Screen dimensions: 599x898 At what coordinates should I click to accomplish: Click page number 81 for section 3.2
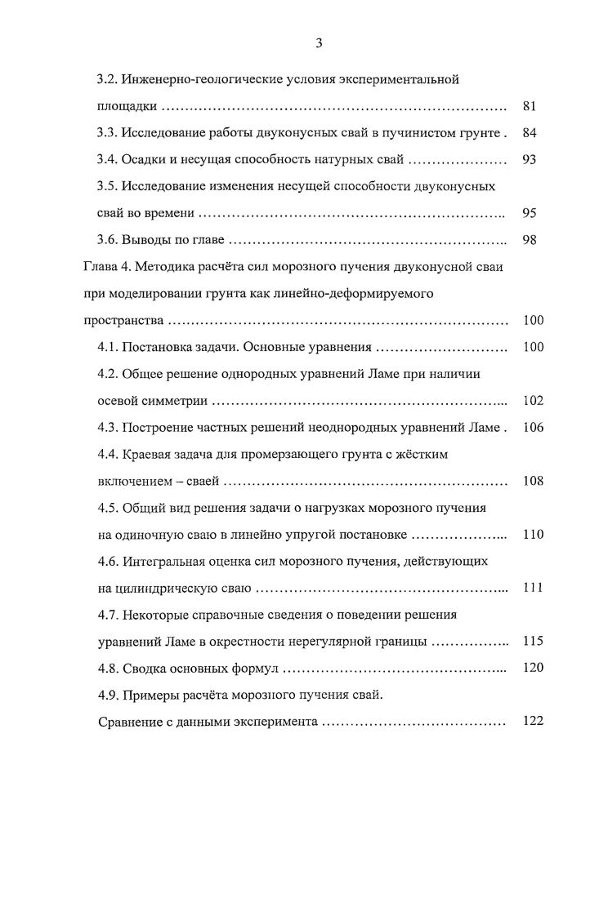pos(528,106)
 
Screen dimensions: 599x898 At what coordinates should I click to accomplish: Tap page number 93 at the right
pos(528,160)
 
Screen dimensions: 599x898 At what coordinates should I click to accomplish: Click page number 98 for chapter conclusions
pos(528,240)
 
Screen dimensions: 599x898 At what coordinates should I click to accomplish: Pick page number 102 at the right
pos(533,401)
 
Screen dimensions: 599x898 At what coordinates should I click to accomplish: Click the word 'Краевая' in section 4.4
pos(146,454)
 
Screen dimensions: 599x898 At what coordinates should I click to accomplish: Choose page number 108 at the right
pos(533,481)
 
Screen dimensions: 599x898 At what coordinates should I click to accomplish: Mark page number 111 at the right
pos(533,588)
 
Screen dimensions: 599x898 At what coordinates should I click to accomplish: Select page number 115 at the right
pos(533,641)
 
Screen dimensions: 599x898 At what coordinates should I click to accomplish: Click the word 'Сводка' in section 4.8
pos(144,668)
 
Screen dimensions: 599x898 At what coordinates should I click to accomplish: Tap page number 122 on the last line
pos(533,722)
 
